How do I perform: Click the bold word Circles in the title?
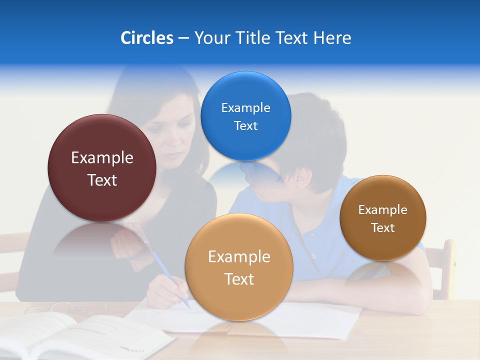pos(146,38)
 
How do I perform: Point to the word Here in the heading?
pos(332,38)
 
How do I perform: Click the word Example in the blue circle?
pos(245,108)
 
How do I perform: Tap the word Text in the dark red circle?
pos(102,180)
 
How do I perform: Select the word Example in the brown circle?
pos(382,210)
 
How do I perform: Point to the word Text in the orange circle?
pos(239,279)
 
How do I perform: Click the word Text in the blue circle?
pos(245,126)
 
